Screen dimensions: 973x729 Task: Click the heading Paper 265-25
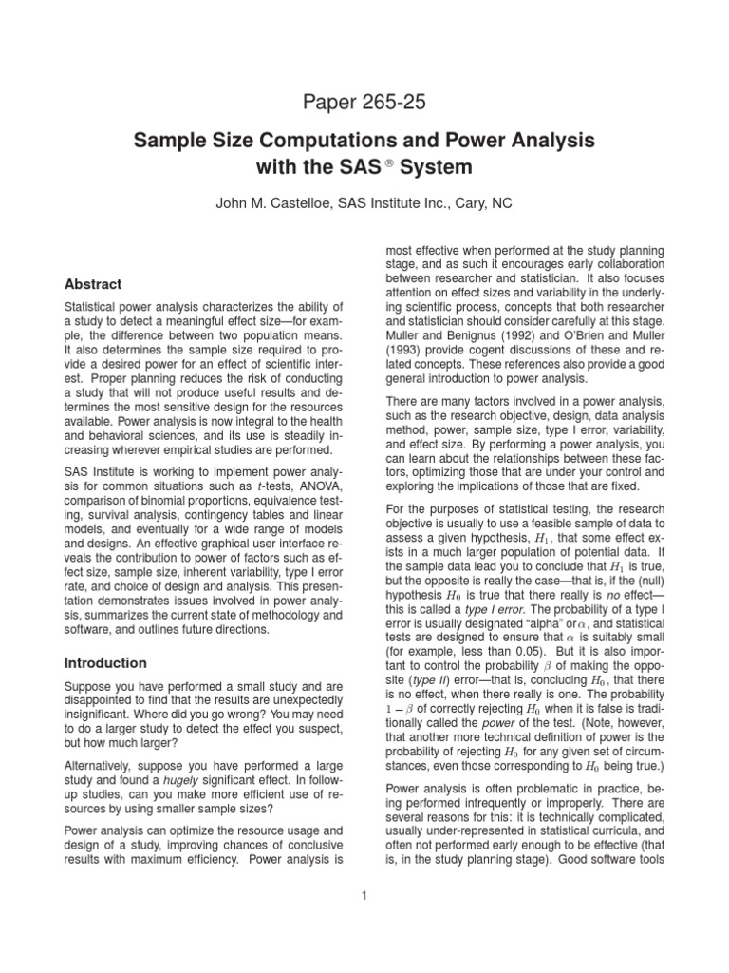[x=364, y=102]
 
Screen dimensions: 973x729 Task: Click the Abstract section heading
[x=91, y=283]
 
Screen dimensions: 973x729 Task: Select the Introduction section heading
[x=104, y=662]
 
